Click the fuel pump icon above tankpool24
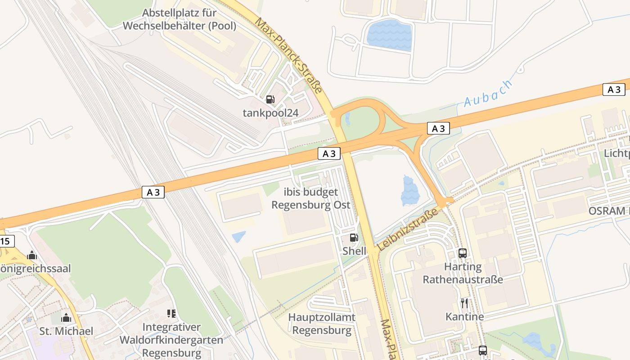coord(270,99)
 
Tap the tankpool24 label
coord(270,112)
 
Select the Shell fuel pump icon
coord(354,238)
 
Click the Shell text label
coord(354,251)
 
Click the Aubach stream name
coord(488,94)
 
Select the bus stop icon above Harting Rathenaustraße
coord(463,253)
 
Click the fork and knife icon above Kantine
coord(464,303)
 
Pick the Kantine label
coord(464,316)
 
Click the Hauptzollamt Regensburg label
coord(322,324)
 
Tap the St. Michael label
coord(66,331)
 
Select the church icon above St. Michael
coord(66,318)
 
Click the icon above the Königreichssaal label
coord(32,256)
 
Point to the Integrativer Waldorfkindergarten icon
coord(171,313)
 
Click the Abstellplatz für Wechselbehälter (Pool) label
coord(179,19)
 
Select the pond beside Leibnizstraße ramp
coord(409,191)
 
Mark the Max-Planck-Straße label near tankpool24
coord(288,55)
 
